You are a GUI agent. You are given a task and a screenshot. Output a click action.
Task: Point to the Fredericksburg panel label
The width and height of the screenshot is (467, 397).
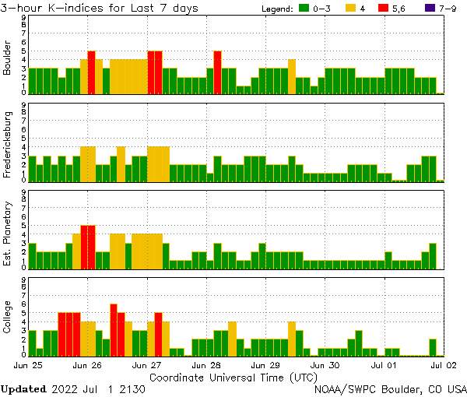point(8,142)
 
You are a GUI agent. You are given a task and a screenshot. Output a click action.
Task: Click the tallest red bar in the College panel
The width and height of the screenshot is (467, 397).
point(114,329)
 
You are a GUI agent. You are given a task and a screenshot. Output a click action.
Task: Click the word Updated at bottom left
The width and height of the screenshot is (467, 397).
point(23,388)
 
